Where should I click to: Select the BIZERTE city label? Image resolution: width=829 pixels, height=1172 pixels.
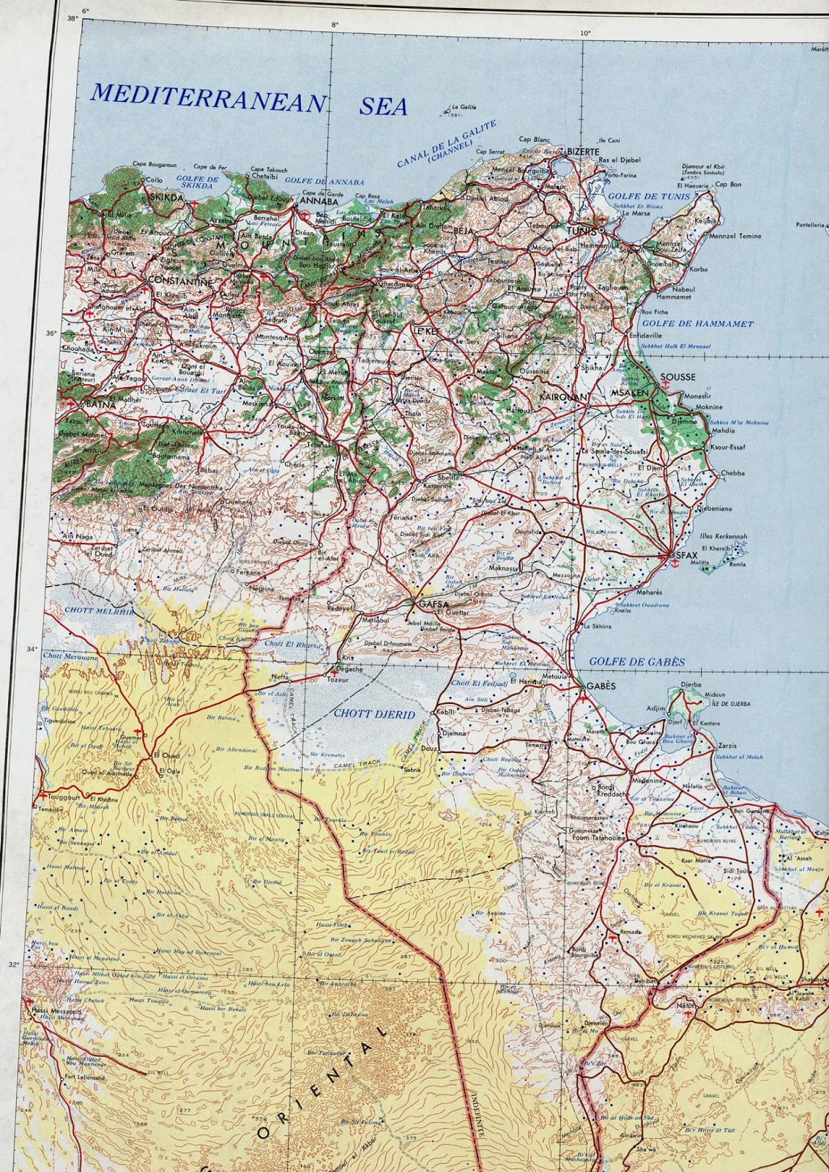(x=584, y=150)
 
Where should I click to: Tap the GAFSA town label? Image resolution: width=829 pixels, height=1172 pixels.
(x=433, y=604)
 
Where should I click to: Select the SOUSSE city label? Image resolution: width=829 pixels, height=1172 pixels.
(x=677, y=378)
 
